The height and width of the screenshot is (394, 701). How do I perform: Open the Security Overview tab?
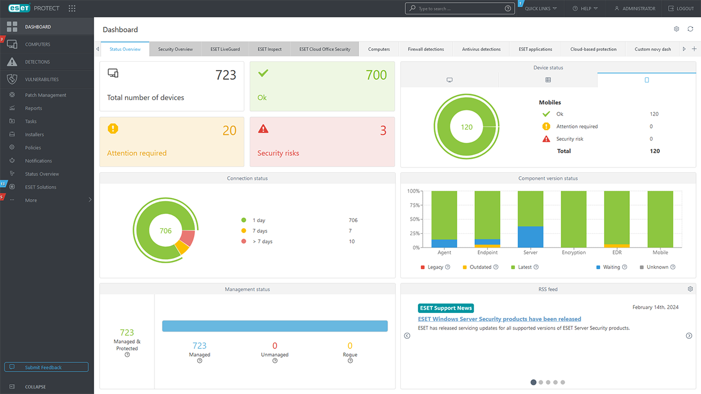coord(175,49)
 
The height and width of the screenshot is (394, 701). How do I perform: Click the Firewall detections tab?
coord(426,49)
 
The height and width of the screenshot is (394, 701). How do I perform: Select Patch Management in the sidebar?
coord(45,95)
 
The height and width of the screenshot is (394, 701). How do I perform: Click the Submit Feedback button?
coord(46,367)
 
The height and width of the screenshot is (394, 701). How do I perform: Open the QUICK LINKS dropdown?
coord(540,9)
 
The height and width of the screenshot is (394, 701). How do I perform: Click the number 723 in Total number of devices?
coord(226,75)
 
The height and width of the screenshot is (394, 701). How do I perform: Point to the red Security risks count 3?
coord(383,131)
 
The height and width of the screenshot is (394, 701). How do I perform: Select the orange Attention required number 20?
coord(229,131)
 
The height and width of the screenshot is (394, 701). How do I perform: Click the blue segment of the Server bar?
coord(530,237)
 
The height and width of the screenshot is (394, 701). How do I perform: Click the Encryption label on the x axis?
coord(573,253)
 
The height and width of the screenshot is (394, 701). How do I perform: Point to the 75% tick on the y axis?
coord(413,205)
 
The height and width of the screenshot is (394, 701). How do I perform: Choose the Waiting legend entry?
coord(611,267)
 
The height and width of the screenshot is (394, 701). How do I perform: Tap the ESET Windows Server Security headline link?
coord(499,319)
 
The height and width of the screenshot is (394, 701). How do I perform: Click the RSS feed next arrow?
coord(689,335)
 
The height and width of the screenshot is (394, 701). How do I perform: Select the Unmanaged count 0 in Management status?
coord(274,346)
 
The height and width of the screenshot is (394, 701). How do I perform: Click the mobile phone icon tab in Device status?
coord(646,80)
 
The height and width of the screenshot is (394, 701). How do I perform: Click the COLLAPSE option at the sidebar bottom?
coord(35,387)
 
